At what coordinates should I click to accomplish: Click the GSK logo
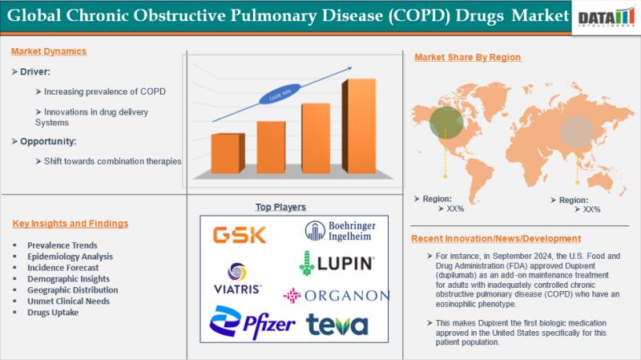pyautogui.click(x=233, y=235)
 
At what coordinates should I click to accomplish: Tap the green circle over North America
pyautogui.click(x=445, y=122)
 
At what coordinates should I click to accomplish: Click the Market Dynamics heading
pyautogui.click(x=49, y=51)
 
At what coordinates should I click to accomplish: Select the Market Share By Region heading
pyautogui.click(x=467, y=57)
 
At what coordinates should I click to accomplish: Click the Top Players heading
pyautogui.click(x=280, y=207)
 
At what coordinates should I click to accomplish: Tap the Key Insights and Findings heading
pyautogui.click(x=71, y=223)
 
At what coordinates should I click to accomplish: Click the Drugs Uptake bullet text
pyautogui.click(x=52, y=313)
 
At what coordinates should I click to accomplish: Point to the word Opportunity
pyautogui.click(x=47, y=141)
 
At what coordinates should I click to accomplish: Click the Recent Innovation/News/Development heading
pyautogui.click(x=496, y=239)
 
